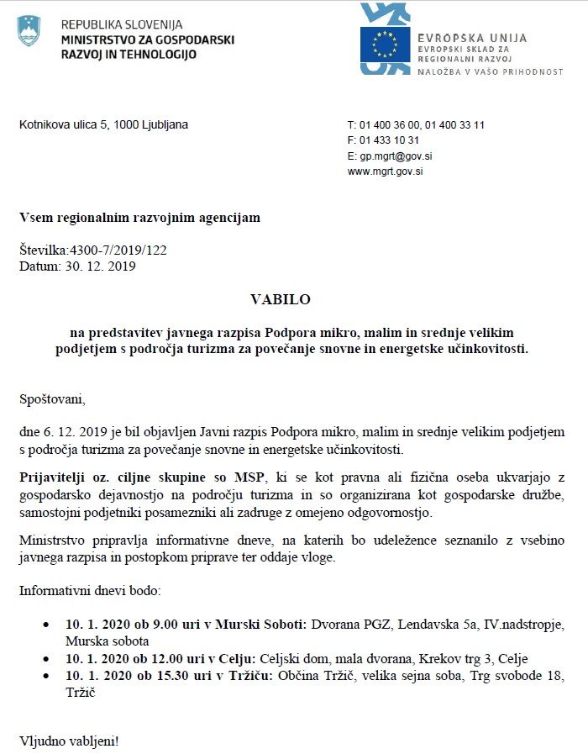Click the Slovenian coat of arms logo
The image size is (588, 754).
click(29, 30)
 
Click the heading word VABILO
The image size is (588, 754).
click(281, 299)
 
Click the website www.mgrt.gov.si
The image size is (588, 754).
click(386, 171)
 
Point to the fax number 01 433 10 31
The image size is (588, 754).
click(389, 140)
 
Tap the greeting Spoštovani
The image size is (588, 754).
click(52, 398)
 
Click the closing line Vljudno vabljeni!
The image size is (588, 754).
click(70, 742)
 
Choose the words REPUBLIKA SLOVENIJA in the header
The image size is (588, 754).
click(122, 24)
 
